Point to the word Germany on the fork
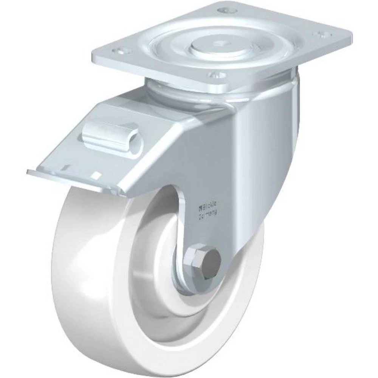[208, 214]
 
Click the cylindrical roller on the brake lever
[113, 136]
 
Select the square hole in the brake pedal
[96, 175]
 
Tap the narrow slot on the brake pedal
[66, 167]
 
